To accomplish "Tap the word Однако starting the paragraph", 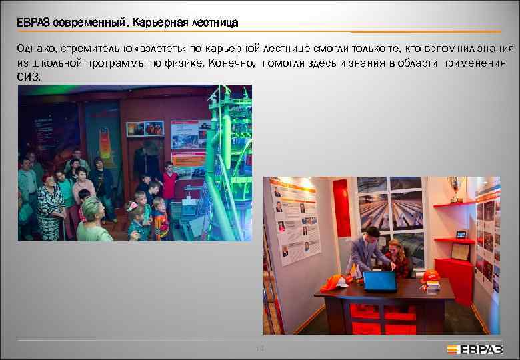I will [x=36, y=49].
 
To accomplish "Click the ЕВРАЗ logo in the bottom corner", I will [x=475, y=349].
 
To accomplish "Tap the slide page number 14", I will [x=260, y=349].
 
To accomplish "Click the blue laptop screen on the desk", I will [x=379, y=281].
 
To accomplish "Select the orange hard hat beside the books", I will [x=431, y=275].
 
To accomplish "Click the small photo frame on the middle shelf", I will [x=461, y=234].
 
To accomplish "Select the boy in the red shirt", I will [x=170, y=180].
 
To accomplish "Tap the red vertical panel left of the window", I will [x=342, y=207].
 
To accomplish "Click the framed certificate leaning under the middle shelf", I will [x=460, y=251].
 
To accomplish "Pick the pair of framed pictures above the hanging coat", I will [x=145, y=128].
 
